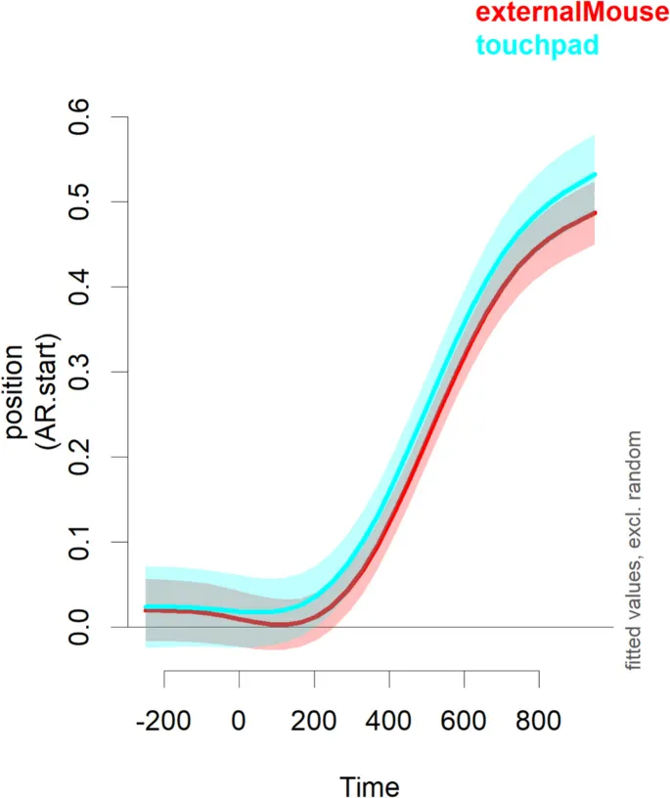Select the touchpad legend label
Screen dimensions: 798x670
click(x=537, y=44)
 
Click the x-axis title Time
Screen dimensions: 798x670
click(x=369, y=786)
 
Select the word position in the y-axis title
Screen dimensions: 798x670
click(x=18, y=393)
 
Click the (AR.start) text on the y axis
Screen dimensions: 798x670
click(x=47, y=393)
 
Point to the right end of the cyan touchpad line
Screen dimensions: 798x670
click(x=595, y=175)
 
